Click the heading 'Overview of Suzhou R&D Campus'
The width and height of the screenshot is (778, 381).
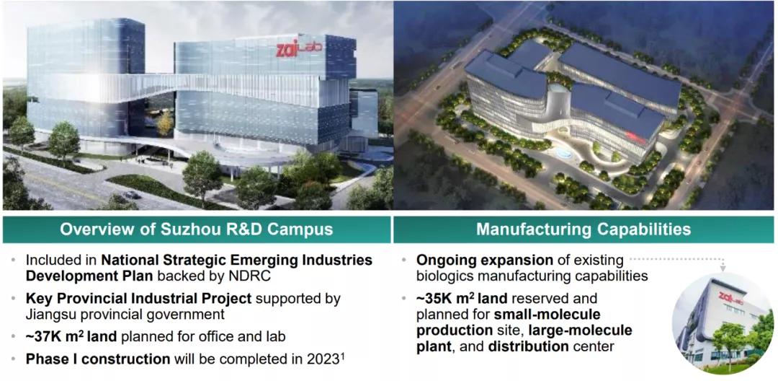pyautogui.click(x=196, y=229)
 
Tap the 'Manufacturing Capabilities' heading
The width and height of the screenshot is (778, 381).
pyautogui.click(x=583, y=229)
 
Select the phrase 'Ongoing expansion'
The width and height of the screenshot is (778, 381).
pyautogui.click(x=484, y=260)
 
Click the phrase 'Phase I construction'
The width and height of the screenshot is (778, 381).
pyautogui.click(x=98, y=359)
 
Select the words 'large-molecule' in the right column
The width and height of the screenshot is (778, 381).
pyautogui.click(x=583, y=330)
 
